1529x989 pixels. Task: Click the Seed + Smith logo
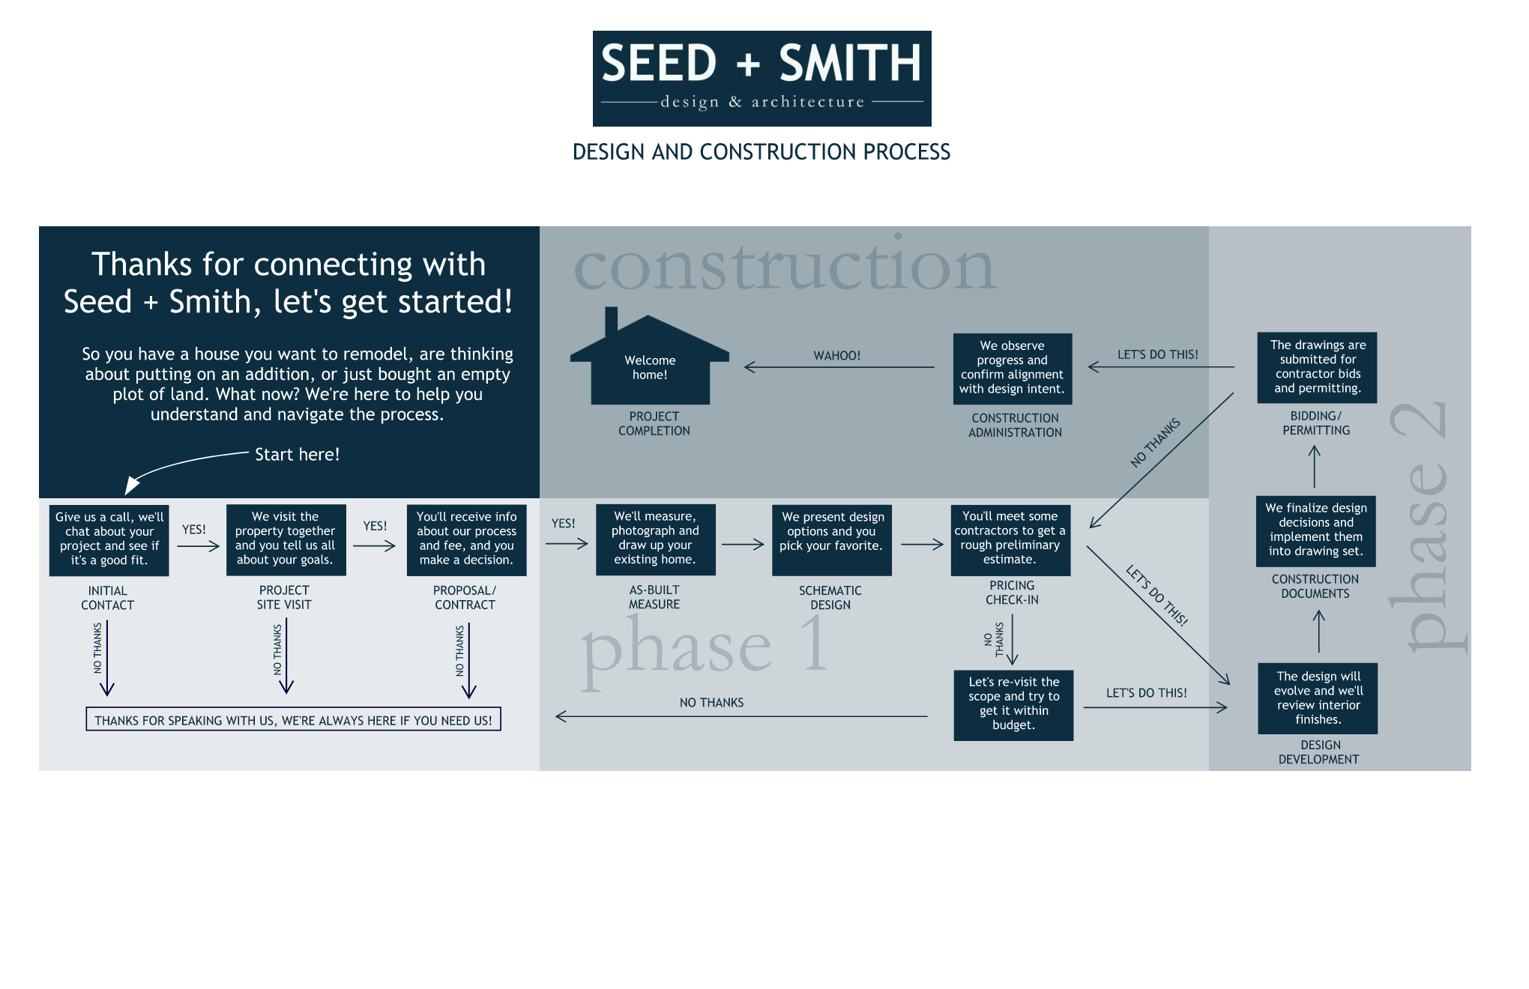click(x=762, y=78)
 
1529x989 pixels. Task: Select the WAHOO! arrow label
click(x=836, y=355)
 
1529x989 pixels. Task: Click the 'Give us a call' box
click(x=109, y=539)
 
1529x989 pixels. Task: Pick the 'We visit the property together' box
click(x=286, y=539)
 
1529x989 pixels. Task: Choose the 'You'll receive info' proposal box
click(x=466, y=539)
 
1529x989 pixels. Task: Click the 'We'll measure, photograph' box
click(x=655, y=539)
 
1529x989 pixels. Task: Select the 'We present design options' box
click(x=832, y=539)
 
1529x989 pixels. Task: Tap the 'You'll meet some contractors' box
click(x=1010, y=539)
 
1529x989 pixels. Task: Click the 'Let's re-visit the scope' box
click(x=1013, y=704)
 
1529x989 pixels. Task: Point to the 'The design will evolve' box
click(x=1318, y=698)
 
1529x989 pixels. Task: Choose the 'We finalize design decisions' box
click(x=1316, y=530)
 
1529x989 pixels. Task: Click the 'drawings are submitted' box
click(x=1317, y=367)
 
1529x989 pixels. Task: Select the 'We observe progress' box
click(x=1012, y=368)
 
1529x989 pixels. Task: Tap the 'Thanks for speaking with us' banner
click(x=293, y=720)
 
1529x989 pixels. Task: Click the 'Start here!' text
click(x=297, y=455)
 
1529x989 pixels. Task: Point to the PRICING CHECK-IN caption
click(x=1012, y=593)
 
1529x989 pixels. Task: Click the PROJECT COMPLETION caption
click(x=654, y=423)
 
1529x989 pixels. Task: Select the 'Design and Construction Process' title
click(x=762, y=152)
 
